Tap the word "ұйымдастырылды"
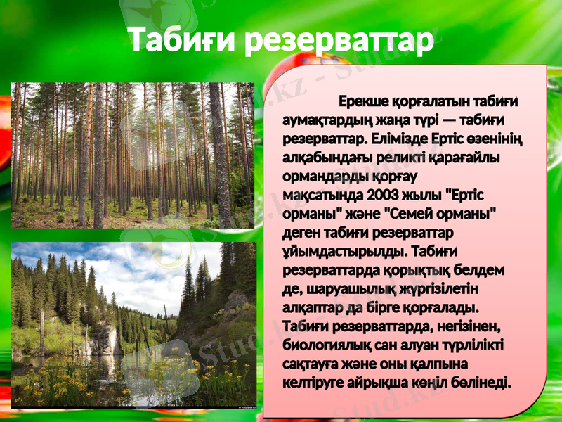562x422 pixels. pyautogui.click(x=332, y=251)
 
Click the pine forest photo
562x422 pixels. pyautogui.click(x=132, y=155)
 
